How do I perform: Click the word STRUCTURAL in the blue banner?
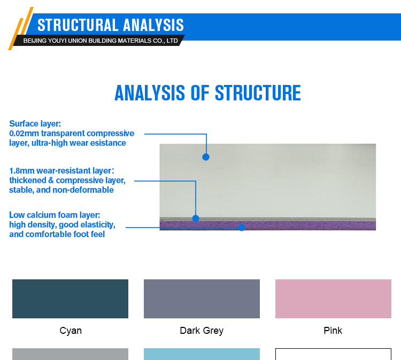coord(78,25)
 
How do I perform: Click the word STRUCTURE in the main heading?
coord(258,93)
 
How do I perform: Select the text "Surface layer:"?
coord(35,124)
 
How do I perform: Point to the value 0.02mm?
coord(24,134)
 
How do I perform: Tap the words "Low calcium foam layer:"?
coord(55,215)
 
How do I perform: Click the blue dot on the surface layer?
coord(206,157)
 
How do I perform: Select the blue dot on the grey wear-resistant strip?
coord(196,218)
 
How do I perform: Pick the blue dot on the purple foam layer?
coord(242,228)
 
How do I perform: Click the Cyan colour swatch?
coord(71,299)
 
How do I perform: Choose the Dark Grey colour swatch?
coord(202,299)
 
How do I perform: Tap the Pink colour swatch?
coord(333,299)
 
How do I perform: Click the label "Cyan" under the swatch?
coord(71,331)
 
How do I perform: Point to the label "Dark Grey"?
coord(202,331)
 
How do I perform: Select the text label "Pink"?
coord(333,331)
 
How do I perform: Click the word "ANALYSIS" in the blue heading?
coord(150,93)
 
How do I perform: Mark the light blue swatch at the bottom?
coord(202,354)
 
